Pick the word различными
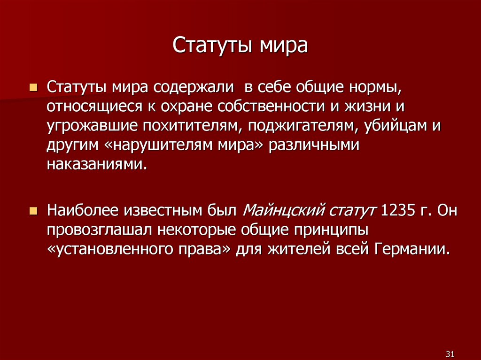(313, 145)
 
